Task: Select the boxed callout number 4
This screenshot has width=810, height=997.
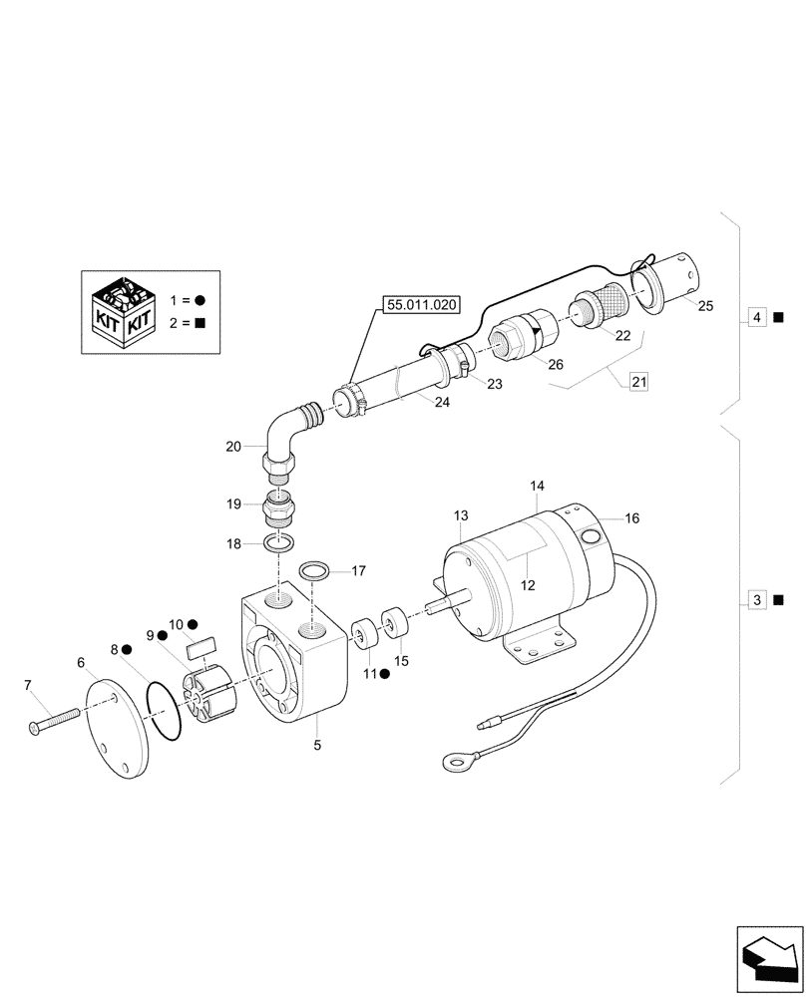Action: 757,318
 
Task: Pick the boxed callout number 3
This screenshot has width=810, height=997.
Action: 757,600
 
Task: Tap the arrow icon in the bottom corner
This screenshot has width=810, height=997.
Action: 769,958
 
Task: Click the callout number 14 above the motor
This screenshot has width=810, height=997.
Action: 537,486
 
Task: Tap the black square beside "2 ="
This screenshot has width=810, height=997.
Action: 200,322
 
